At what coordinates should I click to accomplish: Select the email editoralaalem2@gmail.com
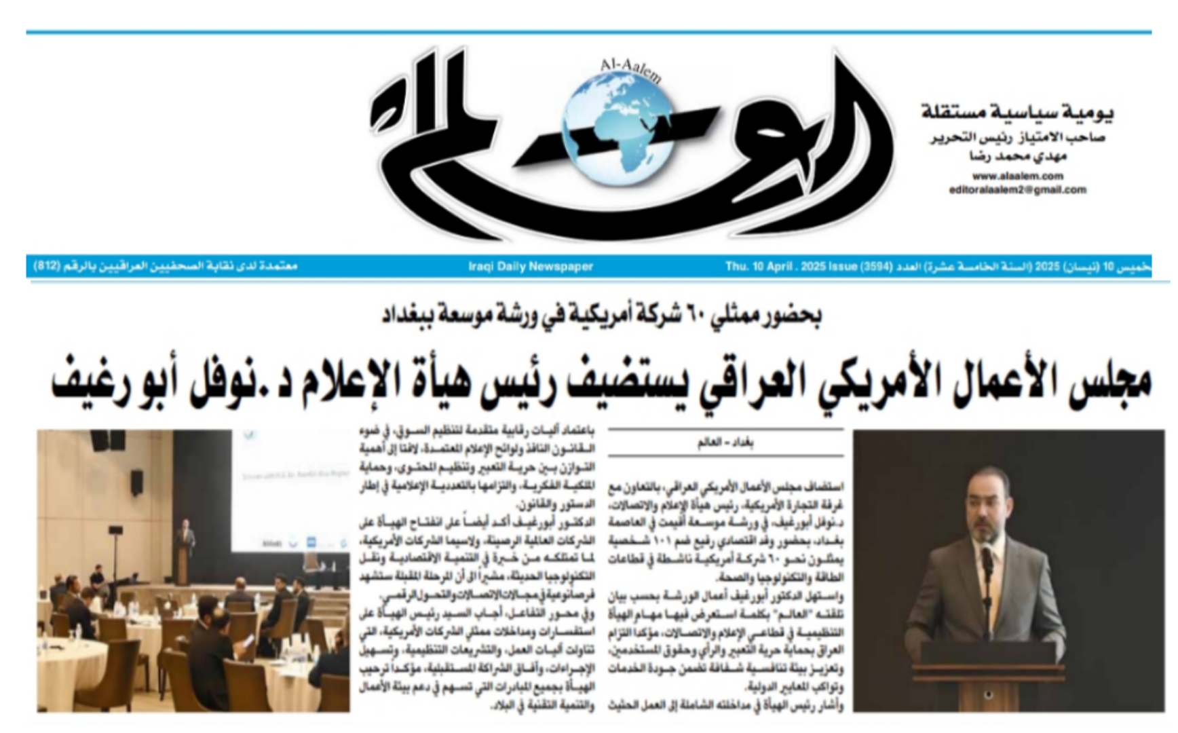(1017, 190)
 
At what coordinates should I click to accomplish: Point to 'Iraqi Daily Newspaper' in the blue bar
(531, 267)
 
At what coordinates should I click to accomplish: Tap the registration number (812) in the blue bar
(47, 267)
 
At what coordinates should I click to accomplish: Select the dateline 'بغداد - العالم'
(725, 444)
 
